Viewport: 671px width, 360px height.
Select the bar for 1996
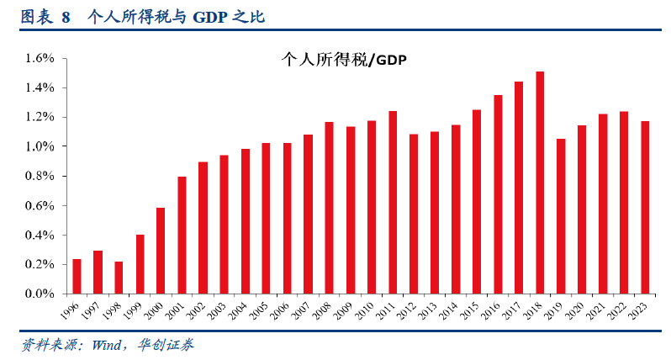(77, 277)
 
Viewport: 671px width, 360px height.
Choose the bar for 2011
(393, 202)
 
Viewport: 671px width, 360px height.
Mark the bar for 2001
(182, 235)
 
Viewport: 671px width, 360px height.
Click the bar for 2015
(477, 202)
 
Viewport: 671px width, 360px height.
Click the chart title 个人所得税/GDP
(343, 60)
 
